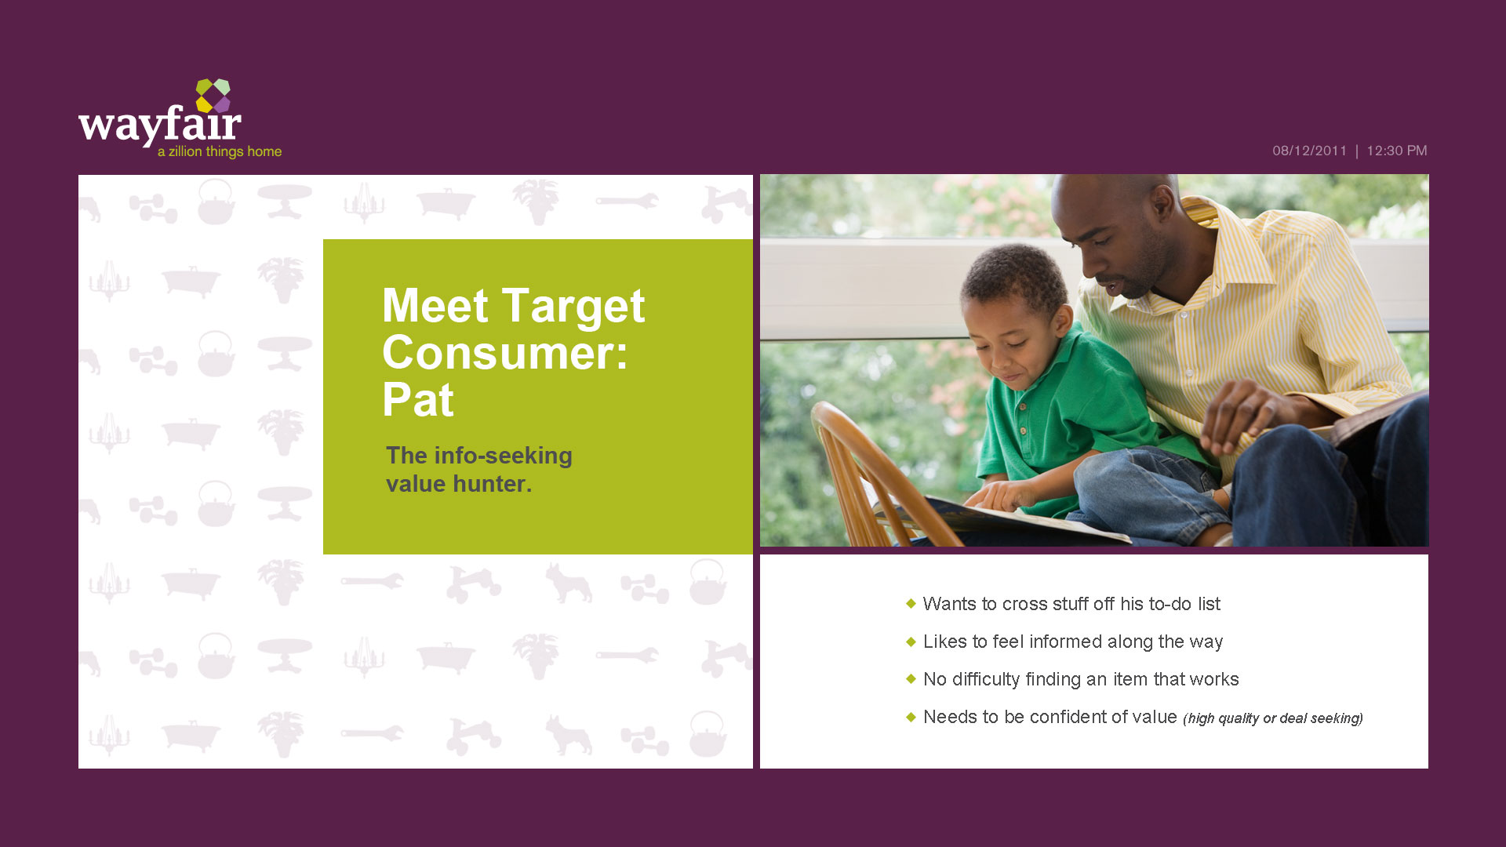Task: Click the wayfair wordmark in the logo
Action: (160, 124)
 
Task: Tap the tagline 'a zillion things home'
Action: (220, 151)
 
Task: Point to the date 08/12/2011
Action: (1309, 151)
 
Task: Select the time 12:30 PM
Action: (1397, 151)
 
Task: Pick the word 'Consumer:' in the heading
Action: (505, 353)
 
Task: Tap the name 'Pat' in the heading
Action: (418, 400)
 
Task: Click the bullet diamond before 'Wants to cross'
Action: (911, 603)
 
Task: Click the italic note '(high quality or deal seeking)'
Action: (1273, 718)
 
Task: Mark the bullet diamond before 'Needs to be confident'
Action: (911, 716)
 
